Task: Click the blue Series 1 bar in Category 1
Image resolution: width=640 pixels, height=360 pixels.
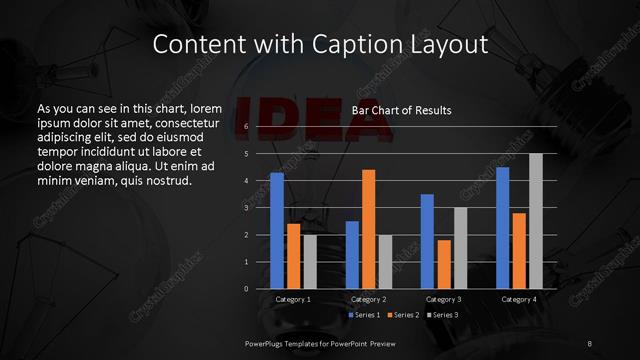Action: (277, 231)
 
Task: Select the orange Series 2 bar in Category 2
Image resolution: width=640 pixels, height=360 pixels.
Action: (368, 229)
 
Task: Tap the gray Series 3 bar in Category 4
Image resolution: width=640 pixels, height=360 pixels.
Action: (535, 221)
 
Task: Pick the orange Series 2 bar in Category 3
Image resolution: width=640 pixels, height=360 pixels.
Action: (443, 264)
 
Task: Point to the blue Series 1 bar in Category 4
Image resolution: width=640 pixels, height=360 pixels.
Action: (503, 228)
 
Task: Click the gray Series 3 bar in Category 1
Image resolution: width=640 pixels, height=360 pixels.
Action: (310, 262)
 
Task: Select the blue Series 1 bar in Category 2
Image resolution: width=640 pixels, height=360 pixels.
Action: (352, 255)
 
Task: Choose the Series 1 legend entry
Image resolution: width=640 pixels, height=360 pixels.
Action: (364, 315)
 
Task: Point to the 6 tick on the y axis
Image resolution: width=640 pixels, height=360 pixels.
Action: (246, 127)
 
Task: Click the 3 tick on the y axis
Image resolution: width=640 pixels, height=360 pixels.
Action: (246, 208)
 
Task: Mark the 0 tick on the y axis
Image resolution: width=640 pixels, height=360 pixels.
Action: (246, 289)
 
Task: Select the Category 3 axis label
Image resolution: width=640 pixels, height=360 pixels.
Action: (443, 299)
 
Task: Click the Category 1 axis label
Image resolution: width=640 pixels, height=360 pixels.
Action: (293, 299)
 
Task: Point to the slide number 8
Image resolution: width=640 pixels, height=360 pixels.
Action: (590, 343)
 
